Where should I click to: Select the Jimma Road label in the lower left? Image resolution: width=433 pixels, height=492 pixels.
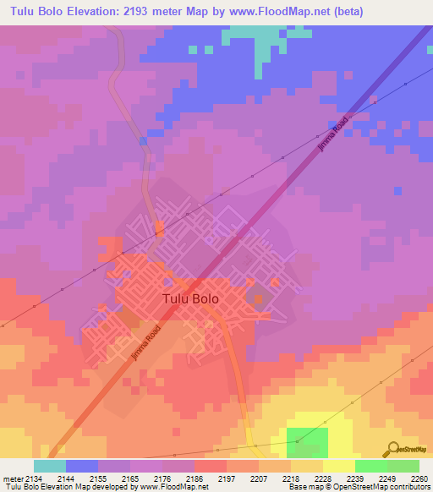145,344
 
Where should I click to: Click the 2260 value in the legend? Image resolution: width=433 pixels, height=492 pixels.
419,478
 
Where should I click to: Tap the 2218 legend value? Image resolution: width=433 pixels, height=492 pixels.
289,478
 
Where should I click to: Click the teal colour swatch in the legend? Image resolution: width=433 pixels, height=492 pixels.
49,466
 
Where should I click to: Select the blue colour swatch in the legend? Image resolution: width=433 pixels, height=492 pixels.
82,466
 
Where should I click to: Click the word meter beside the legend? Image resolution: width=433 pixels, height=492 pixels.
10,478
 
